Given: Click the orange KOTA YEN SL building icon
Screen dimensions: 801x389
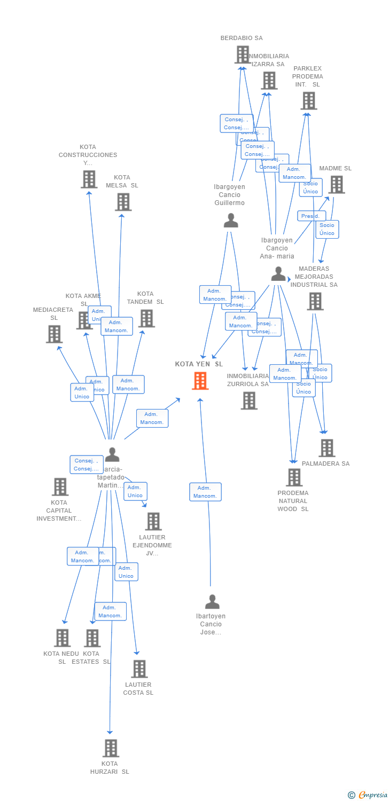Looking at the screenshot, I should coord(200,381).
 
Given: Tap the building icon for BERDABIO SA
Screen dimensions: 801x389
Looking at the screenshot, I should coord(243,54).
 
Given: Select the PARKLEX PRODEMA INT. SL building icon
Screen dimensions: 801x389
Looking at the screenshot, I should coord(308,100).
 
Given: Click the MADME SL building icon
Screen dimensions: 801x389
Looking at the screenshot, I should coord(336,184).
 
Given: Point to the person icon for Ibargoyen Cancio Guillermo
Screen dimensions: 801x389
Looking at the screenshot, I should coord(231,220).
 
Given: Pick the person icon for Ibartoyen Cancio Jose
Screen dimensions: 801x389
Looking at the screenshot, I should coord(212,602).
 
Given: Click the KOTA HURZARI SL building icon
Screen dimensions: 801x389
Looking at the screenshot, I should coord(111,748).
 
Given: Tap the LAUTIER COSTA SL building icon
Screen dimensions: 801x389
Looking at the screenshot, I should coord(139,669).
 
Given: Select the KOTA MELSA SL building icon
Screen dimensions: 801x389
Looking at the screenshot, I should coord(123,202).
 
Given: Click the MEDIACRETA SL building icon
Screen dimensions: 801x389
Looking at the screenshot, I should coord(54,334).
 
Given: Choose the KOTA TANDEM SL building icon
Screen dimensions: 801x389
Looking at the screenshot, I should coord(146,318).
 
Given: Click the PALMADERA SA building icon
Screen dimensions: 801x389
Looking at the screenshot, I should coord(327,448).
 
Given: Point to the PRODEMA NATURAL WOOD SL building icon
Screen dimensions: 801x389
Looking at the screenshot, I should coord(294,477).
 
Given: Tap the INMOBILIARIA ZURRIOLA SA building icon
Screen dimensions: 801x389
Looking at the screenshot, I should coord(248,400).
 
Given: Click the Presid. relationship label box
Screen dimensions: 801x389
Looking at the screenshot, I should coord(311,216).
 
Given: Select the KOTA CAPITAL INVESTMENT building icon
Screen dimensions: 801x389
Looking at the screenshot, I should coord(60,486).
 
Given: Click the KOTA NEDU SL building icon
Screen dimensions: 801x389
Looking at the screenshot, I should coord(63,638).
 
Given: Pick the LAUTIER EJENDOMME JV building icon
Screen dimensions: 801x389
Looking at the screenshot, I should coord(153,521).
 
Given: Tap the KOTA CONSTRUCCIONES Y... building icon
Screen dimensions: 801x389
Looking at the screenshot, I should coord(89,179).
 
